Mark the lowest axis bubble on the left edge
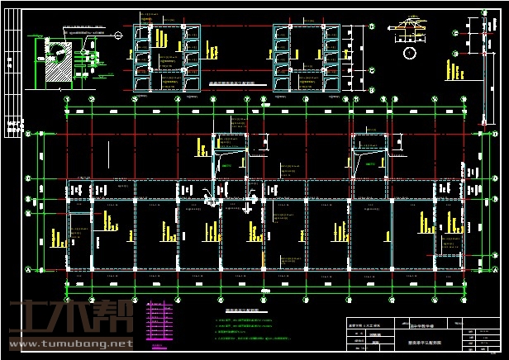point(27,269)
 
